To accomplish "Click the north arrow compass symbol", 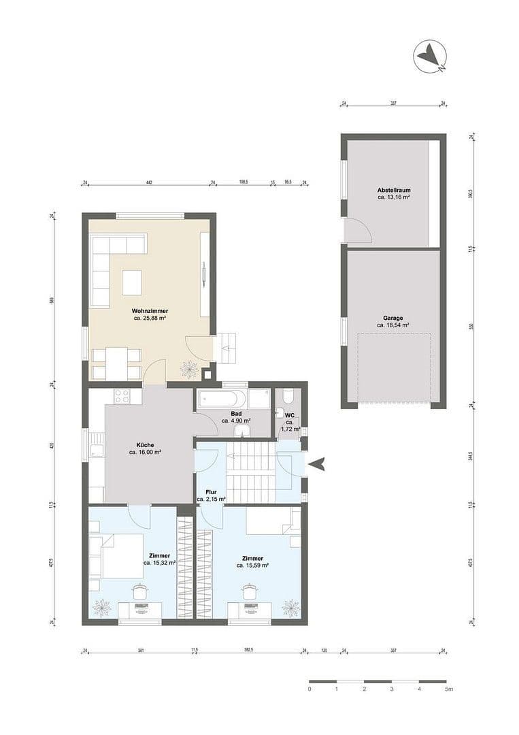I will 430,56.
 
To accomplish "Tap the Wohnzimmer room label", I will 150,310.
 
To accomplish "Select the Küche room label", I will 145,445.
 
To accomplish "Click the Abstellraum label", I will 393,190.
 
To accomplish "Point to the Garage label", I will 392,318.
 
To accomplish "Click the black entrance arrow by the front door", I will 316,464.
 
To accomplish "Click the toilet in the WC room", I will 288,396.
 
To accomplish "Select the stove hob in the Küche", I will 123,395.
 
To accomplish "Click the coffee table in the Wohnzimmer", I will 132,282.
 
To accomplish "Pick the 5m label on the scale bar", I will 448,689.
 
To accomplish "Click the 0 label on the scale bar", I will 309,689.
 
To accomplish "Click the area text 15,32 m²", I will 159,563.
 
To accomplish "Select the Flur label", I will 211,491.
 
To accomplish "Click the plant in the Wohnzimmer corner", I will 188,370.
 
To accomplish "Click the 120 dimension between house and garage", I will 324,651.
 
